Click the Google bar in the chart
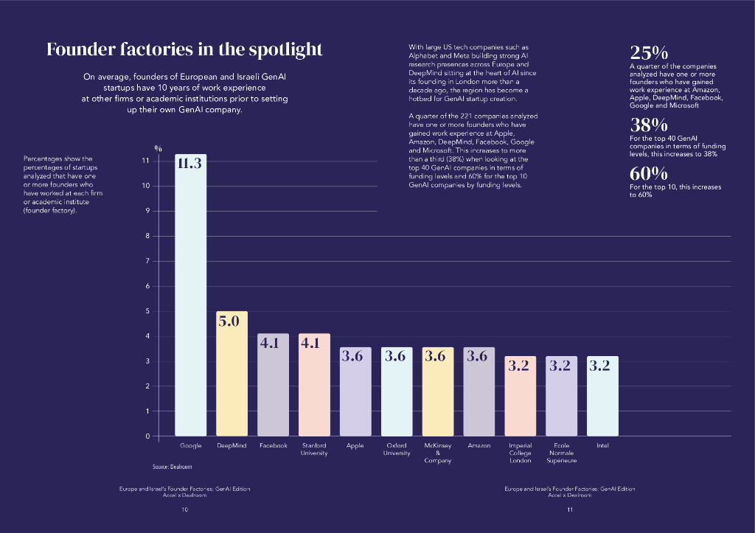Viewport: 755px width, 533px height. point(190,295)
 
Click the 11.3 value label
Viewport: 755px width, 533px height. point(189,164)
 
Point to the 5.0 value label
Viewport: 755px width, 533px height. point(232,321)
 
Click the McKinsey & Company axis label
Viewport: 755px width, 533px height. point(438,453)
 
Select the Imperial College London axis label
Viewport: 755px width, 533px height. point(520,453)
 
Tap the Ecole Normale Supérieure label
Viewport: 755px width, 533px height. point(561,453)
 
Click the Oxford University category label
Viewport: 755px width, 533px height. point(397,449)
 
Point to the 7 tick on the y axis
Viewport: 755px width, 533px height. point(147,261)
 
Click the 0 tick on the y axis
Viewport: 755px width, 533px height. point(147,436)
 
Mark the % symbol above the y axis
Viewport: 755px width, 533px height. point(158,150)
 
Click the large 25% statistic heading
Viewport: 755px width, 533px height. point(648,52)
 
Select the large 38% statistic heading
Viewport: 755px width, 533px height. point(648,125)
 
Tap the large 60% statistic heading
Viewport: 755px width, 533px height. point(648,174)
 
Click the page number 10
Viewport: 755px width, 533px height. point(184,509)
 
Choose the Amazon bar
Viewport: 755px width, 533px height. point(479,391)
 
